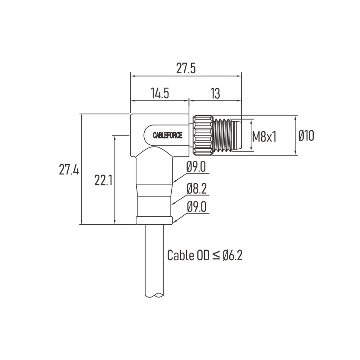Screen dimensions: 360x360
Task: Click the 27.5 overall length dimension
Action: click(x=186, y=68)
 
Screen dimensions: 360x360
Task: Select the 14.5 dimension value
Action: click(x=160, y=93)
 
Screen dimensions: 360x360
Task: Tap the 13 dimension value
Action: click(x=215, y=93)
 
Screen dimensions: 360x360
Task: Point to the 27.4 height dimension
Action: click(x=69, y=170)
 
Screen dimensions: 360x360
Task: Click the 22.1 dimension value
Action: click(x=103, y=181)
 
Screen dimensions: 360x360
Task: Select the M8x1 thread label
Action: click(x=264, y=136)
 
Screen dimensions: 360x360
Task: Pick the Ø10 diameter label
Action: click(x=306, y=135)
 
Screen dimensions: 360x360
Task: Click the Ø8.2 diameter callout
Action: click(x=196, y=189)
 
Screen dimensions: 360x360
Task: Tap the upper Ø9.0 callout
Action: click(x=196, y=167)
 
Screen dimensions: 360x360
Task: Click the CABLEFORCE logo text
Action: click(x=168, y=135)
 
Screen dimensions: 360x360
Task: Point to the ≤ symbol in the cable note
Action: click(x=216, y=256)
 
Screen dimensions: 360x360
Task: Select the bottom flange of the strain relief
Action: click(x=154, y=220)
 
